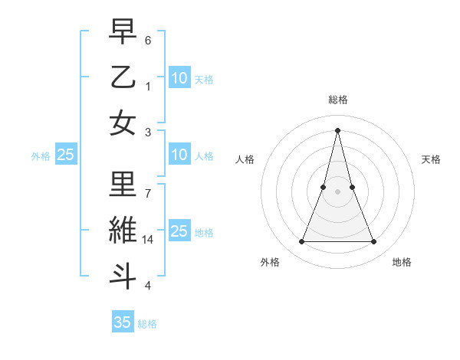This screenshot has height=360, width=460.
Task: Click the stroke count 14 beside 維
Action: tap(149, 240)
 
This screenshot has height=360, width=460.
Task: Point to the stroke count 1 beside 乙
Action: tap(148, 86)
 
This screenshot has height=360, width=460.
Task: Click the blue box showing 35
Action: tap(123, 322)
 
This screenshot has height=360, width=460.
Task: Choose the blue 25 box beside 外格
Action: tap(66, 155)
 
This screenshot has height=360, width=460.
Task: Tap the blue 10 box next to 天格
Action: tap(179, 78)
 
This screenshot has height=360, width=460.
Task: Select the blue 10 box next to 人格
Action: tap(179, 155)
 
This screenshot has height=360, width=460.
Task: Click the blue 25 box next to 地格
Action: tap(179, 231)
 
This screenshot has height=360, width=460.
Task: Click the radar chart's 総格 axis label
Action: tap(337, 100)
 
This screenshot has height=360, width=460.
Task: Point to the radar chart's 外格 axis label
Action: tap(270, 263)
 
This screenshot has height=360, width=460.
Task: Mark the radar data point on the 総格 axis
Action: tap(337, 129)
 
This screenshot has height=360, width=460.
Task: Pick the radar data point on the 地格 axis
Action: tap(373, 242)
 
